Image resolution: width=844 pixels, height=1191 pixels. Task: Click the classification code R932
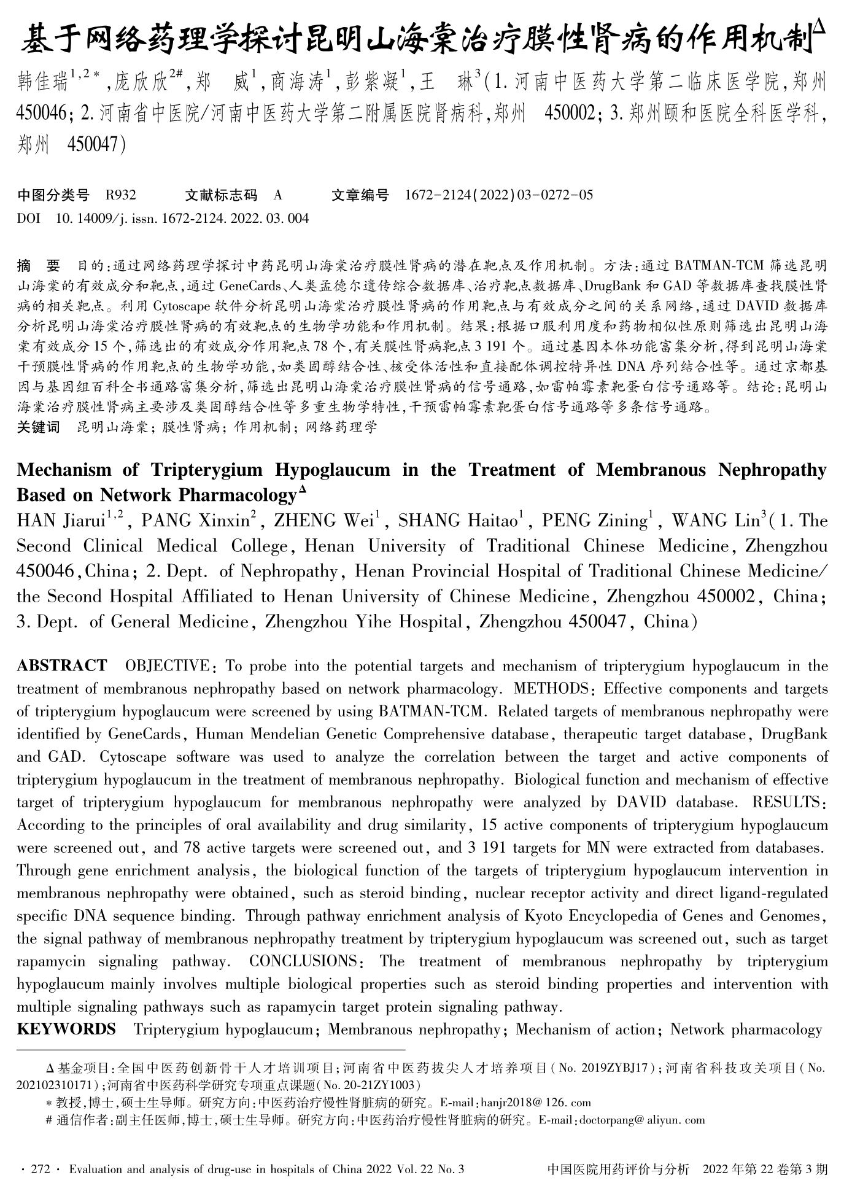120,195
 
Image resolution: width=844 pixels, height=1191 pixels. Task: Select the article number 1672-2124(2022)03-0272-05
499,195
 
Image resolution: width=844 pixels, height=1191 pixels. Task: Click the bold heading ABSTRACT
61,666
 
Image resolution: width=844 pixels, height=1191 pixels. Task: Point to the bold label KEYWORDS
66,1030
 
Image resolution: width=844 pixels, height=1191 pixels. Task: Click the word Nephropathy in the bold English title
772,470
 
